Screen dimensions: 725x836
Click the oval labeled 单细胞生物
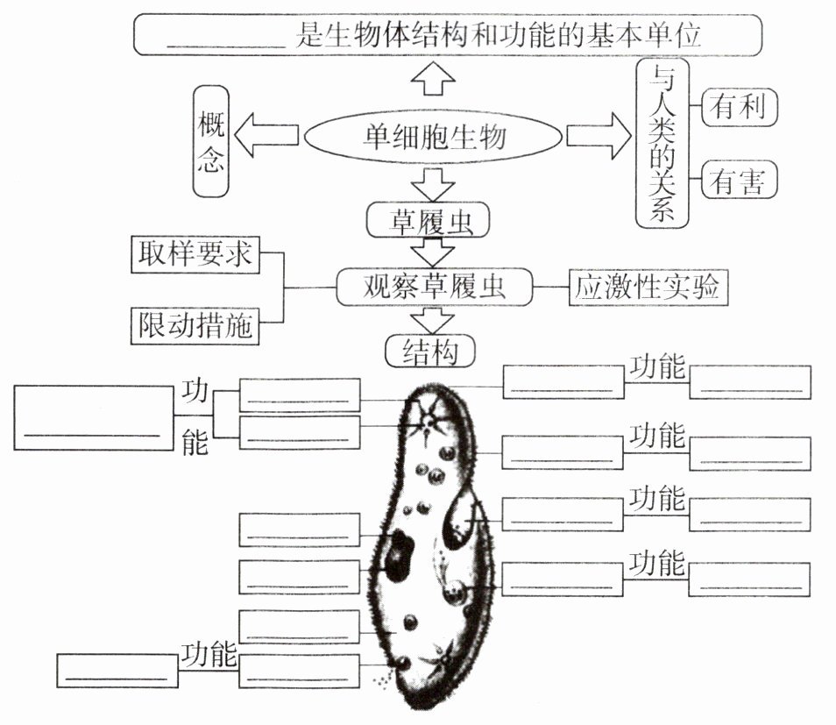coord(433,137)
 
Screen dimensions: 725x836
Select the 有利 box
coord(740,107)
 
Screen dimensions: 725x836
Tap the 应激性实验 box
coord(648,287)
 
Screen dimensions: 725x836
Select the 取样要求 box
coord(195,254)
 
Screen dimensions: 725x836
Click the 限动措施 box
coord(195,325)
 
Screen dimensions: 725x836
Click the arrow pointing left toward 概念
coord(269,137)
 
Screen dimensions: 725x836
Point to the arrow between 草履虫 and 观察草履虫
coord(430,252)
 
